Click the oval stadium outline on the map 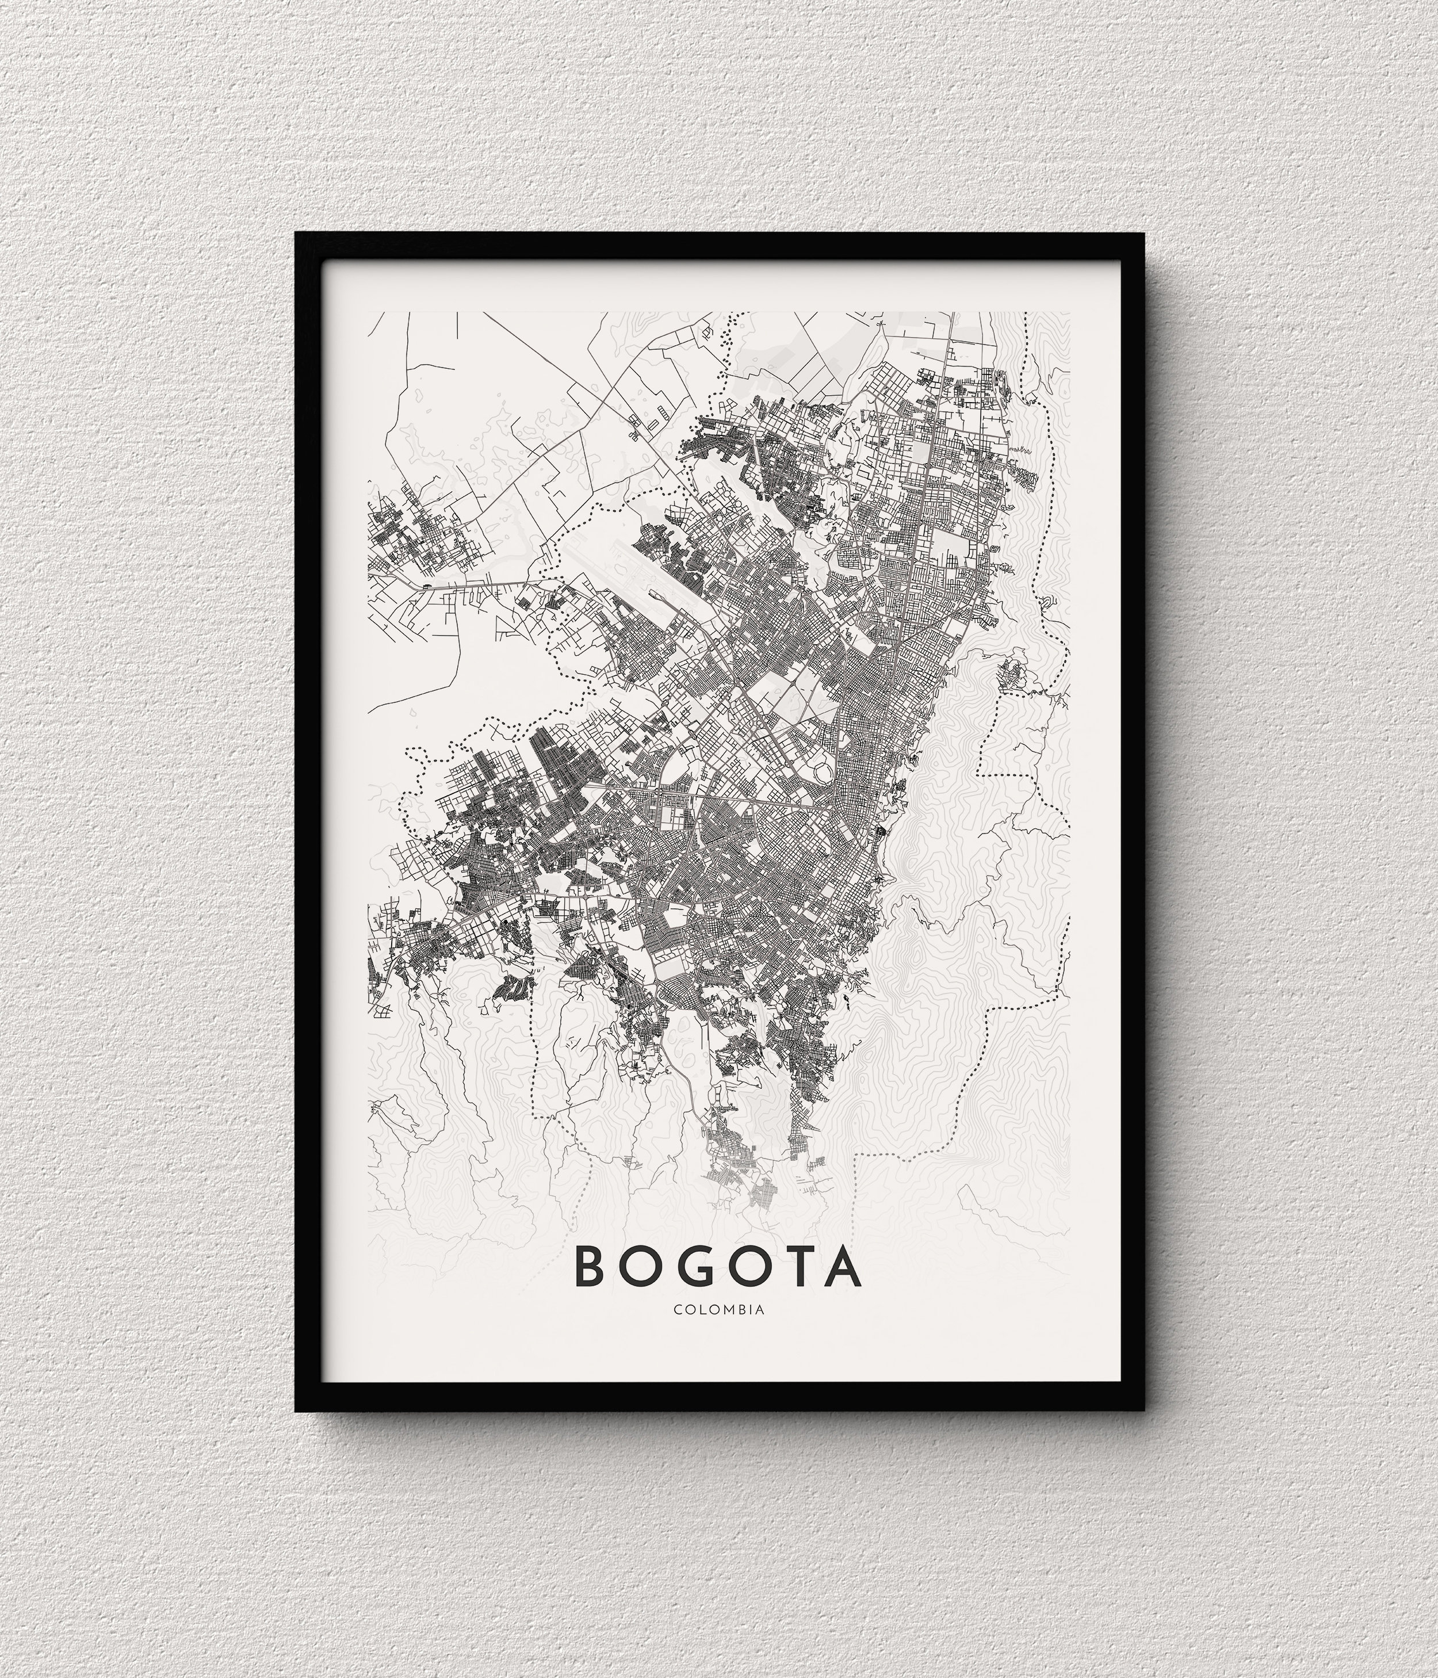[x=823, y=769]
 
